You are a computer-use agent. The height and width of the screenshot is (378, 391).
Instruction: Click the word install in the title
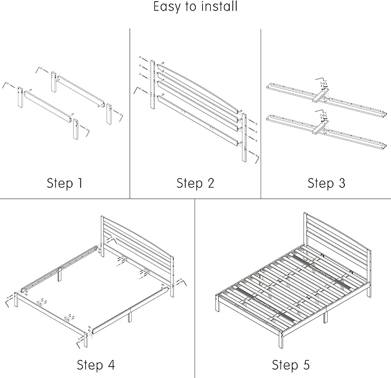point(219,8)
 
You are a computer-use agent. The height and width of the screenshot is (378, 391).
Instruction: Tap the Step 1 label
point(64,184)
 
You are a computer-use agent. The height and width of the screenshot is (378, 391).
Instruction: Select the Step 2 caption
point(195,184)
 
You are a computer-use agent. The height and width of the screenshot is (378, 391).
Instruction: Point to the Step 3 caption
point(326,184)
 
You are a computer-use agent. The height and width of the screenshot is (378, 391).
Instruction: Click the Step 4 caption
point(96,365)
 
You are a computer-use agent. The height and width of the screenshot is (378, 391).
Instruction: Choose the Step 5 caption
point(291,365)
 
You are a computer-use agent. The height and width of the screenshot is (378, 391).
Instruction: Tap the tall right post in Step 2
point(245,139)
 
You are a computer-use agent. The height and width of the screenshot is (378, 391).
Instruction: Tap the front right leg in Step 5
point(282,340)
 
